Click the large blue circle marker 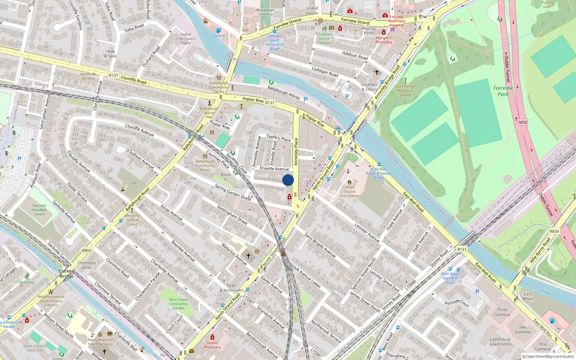point(288,180)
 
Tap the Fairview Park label point(503,91)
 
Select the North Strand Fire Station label point(350,192)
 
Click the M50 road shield point(523,122)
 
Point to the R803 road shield point(87,250)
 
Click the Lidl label point(134,183)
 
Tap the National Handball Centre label point(39,210)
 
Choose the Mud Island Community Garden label point(179,304)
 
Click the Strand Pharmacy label point(212,345)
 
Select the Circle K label point(219,36)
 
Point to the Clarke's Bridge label point(67,274)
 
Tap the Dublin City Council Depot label point(186,39)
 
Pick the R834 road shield point(554,231)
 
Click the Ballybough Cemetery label point(265,12)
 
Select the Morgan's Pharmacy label point(384,40)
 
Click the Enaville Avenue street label point(274,168)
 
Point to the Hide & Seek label point(111,54)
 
